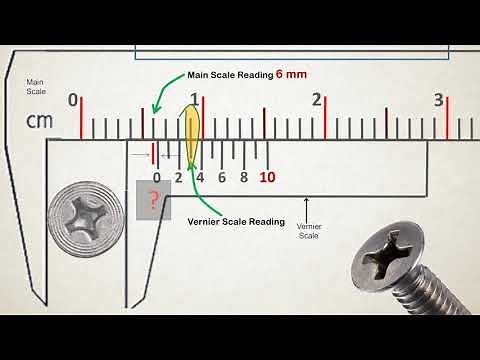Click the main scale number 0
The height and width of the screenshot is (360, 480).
click(73, 100)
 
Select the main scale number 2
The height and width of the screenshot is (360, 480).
click(317, 100)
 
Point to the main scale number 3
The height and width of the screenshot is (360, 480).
click(438, 100)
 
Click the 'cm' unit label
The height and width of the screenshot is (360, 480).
click(39, 122)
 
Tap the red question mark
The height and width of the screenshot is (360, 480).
click(152, 200)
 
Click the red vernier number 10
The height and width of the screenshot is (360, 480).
click(267, 177)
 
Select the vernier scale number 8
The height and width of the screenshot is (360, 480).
click(244, 177)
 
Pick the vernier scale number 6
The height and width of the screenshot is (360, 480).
click(222, 177)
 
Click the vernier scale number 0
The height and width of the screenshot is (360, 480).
click(156, 177)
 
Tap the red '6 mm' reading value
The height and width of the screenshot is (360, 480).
click(291, 75)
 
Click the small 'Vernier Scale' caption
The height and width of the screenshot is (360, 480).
click(310, 231)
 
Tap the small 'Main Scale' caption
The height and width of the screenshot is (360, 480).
click(36, 87)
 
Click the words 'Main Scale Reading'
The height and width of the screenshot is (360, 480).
click(230, 75)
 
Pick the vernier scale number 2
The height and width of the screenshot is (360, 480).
click(178, 177)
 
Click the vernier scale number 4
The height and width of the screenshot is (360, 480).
click(200, 177)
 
